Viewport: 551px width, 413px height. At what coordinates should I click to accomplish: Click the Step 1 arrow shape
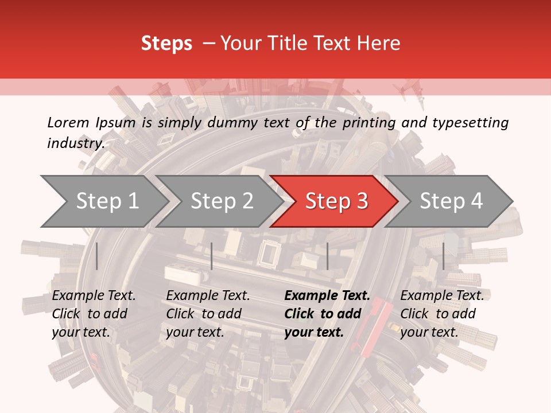[103, 201]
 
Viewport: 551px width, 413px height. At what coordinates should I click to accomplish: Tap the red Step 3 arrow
[336, 201]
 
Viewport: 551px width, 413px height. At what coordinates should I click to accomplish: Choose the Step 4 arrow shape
[451, 201]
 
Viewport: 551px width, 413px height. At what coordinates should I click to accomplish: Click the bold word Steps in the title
[166, 44]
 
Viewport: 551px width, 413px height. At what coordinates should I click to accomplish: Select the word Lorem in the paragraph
[68, 123]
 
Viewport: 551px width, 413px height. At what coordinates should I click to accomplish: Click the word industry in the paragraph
[75, 143]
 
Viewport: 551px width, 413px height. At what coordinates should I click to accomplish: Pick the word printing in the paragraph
[369, 123]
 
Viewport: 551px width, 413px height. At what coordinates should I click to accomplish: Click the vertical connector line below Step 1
[96, 256]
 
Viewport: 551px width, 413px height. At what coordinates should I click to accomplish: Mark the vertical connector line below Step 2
[212, 256]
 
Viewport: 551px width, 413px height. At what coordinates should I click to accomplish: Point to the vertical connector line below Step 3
[327, 256]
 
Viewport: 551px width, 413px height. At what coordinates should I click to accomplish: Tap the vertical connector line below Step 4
[443, 256]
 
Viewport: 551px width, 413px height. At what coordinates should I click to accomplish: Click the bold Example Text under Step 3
[327, 296]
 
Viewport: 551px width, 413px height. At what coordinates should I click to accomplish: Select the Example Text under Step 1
[94, 296]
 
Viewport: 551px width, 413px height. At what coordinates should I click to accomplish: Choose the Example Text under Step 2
[208, 296]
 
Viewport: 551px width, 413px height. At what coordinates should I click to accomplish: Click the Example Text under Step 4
[442, 296]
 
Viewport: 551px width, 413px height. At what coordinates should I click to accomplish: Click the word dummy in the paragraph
[235, 123]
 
